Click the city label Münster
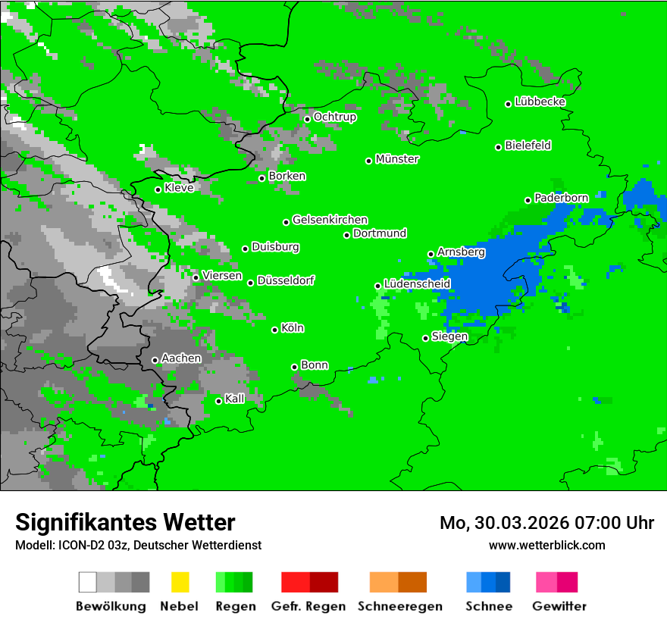(x=397, y=159)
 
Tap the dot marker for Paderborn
(x=528, y=200)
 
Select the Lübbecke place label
(x=540, y=102)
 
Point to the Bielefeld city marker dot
(x=499, y=147)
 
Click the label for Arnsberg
(x=462, y=252)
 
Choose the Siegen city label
(x=450, y=336)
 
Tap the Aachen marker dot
(x=155, y=360)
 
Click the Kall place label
(x=235, y=399)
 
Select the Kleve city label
(x=179, y=188)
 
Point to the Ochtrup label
(x=335, y=117)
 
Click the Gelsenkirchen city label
(x=330, y=220)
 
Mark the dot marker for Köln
(x=275, y=330)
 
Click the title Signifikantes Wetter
(x=125, y=522)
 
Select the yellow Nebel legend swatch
(x=180, y=582)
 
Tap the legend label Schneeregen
(x=400, y=606)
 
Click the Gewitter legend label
(x=559, y=606)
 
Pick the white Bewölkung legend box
(x=88, y=582)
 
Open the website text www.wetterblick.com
(x=547, y=545)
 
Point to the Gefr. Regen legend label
(x=308, y=606)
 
